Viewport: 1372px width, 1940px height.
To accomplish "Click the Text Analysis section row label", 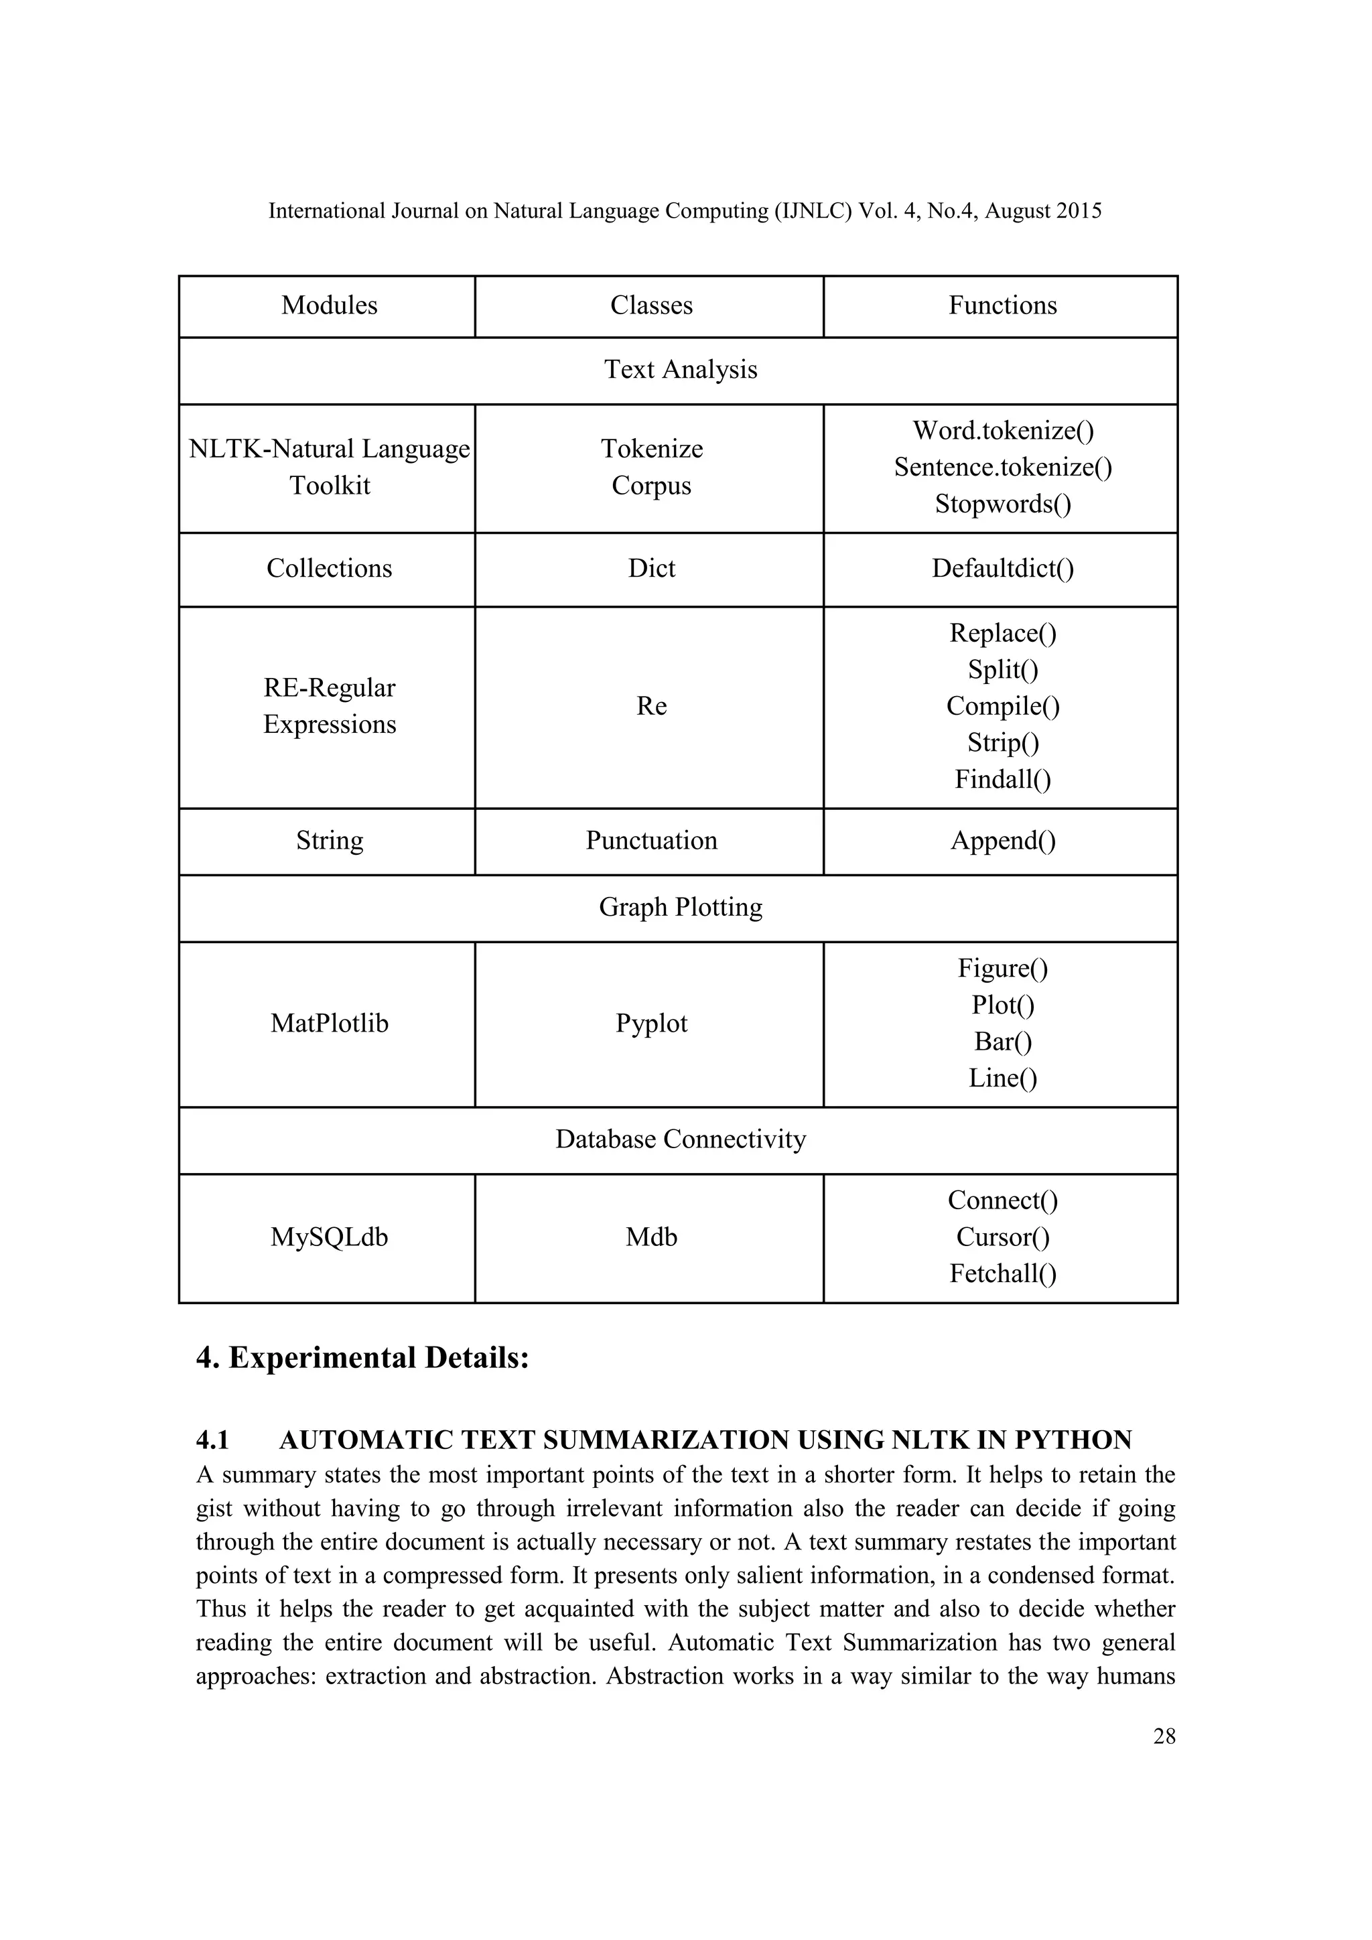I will [x=680, y=369].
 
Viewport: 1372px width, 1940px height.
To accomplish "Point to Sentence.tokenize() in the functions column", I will [x=1003, y=468].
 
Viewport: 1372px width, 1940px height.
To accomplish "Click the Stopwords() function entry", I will [x=1003, y=504].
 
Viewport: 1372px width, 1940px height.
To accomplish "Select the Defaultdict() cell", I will [x=1003, y=569].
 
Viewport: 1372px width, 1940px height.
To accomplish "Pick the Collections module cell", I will [x=329, y=569].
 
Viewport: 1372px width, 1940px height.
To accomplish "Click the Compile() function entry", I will [x=1003, y=706].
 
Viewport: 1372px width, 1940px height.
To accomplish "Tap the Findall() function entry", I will [x=1003, y=779].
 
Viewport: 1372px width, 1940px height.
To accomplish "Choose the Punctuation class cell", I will [x=650, y=841].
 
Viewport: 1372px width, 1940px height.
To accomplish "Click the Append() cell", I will [x=1003, y=841].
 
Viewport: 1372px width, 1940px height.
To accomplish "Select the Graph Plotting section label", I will [x=680, y=908].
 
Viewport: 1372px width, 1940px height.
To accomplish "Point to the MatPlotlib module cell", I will [x=329, y=1024].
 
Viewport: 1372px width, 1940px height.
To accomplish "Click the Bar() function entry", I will [x=1003, y=1042].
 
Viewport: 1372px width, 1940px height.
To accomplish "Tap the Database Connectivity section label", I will [x=680, y=1140].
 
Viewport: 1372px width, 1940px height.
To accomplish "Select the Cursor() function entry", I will [x=1003, y=1238].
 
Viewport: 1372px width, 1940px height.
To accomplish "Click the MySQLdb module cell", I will [x=329, y=1238].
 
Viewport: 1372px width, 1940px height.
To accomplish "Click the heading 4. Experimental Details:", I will [x=362, y=1359].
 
